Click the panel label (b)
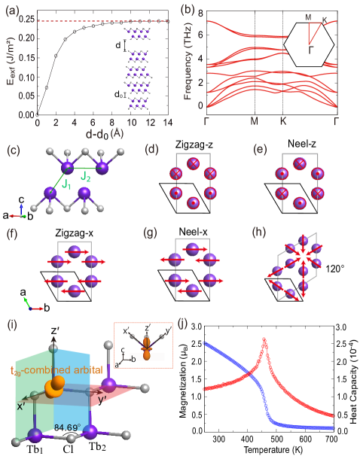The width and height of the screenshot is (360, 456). (188, 10)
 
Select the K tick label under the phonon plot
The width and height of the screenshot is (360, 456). (283, 120)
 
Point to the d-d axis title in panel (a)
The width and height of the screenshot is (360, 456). (96, 132)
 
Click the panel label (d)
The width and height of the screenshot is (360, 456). (151, 148)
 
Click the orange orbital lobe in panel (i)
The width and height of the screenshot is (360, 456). (54, 386)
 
